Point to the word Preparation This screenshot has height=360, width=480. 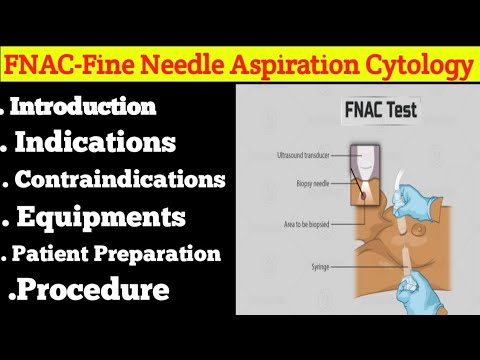160,253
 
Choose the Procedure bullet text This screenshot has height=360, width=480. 91,291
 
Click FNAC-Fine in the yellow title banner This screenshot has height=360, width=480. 68,67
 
